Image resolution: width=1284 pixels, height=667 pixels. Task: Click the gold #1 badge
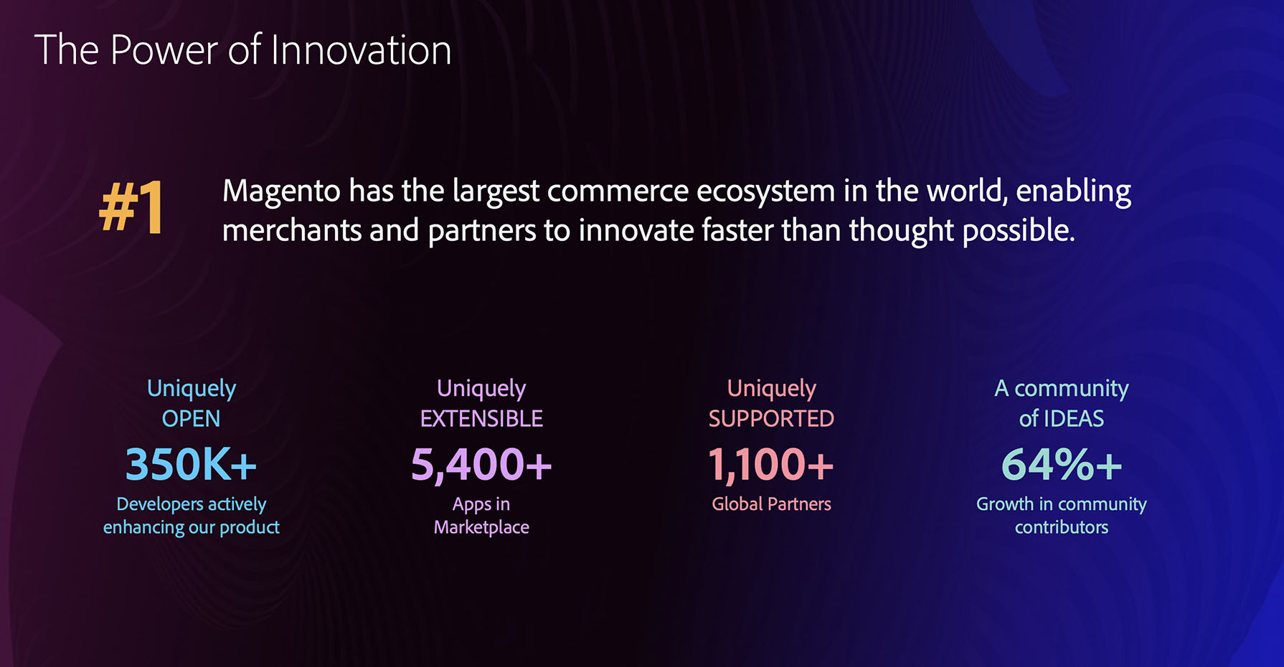[131, 207]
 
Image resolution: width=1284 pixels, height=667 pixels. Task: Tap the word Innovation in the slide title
[361, 50]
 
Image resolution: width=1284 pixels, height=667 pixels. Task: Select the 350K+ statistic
[191, 464]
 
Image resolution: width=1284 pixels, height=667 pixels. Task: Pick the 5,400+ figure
[481, 465]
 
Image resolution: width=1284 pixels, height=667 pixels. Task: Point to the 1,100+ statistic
[771, 465]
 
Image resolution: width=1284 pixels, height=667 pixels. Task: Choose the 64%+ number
[1062, 464]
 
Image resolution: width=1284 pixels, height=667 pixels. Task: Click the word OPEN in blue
[191, 419]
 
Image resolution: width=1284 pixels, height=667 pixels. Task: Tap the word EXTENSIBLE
[481, 419]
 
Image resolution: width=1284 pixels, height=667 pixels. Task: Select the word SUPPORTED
[771, 419]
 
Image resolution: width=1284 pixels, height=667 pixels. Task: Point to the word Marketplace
[481, 528]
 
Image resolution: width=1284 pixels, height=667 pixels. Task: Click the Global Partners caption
[771, 504]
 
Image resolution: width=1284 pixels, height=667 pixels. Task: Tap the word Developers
[160, 505]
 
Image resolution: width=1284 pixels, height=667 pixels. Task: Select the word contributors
[1062, 528]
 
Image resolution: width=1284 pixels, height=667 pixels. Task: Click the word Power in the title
[164, 50]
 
